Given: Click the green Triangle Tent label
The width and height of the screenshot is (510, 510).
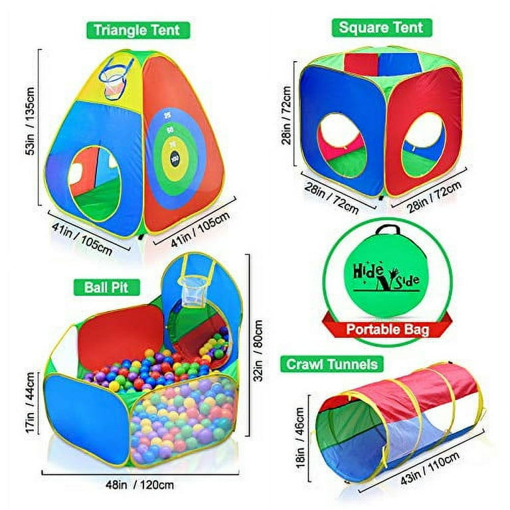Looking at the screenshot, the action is (138, 31).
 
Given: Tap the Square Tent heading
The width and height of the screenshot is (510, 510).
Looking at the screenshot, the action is (382, 28).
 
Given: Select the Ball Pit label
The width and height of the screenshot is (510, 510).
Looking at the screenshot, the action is (107, 288).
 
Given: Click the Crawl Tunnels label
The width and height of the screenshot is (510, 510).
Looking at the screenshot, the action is (332, 365).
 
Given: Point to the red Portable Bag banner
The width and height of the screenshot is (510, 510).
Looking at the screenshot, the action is (387, 329).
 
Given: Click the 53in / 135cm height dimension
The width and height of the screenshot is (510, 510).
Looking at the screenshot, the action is (30, 121).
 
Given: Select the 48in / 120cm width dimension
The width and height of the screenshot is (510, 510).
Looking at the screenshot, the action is (139, 485).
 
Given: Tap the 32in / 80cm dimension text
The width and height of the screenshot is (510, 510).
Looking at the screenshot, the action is (259, 351).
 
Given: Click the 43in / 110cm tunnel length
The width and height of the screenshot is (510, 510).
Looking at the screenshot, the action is (430, 467).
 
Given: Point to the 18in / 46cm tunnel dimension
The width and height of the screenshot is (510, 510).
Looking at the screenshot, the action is (300, 438).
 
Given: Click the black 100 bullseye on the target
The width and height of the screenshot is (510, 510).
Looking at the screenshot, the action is (175, 159).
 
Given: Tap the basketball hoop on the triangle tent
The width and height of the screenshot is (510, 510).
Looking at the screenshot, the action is (116, 78).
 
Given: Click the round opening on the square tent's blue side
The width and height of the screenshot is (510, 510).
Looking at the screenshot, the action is (342, 145).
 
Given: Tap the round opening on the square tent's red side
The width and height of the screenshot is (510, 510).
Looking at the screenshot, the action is (423, 145).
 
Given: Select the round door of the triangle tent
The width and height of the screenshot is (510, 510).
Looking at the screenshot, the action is (94, 184).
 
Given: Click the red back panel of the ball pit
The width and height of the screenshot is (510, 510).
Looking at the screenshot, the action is (121, 338).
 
